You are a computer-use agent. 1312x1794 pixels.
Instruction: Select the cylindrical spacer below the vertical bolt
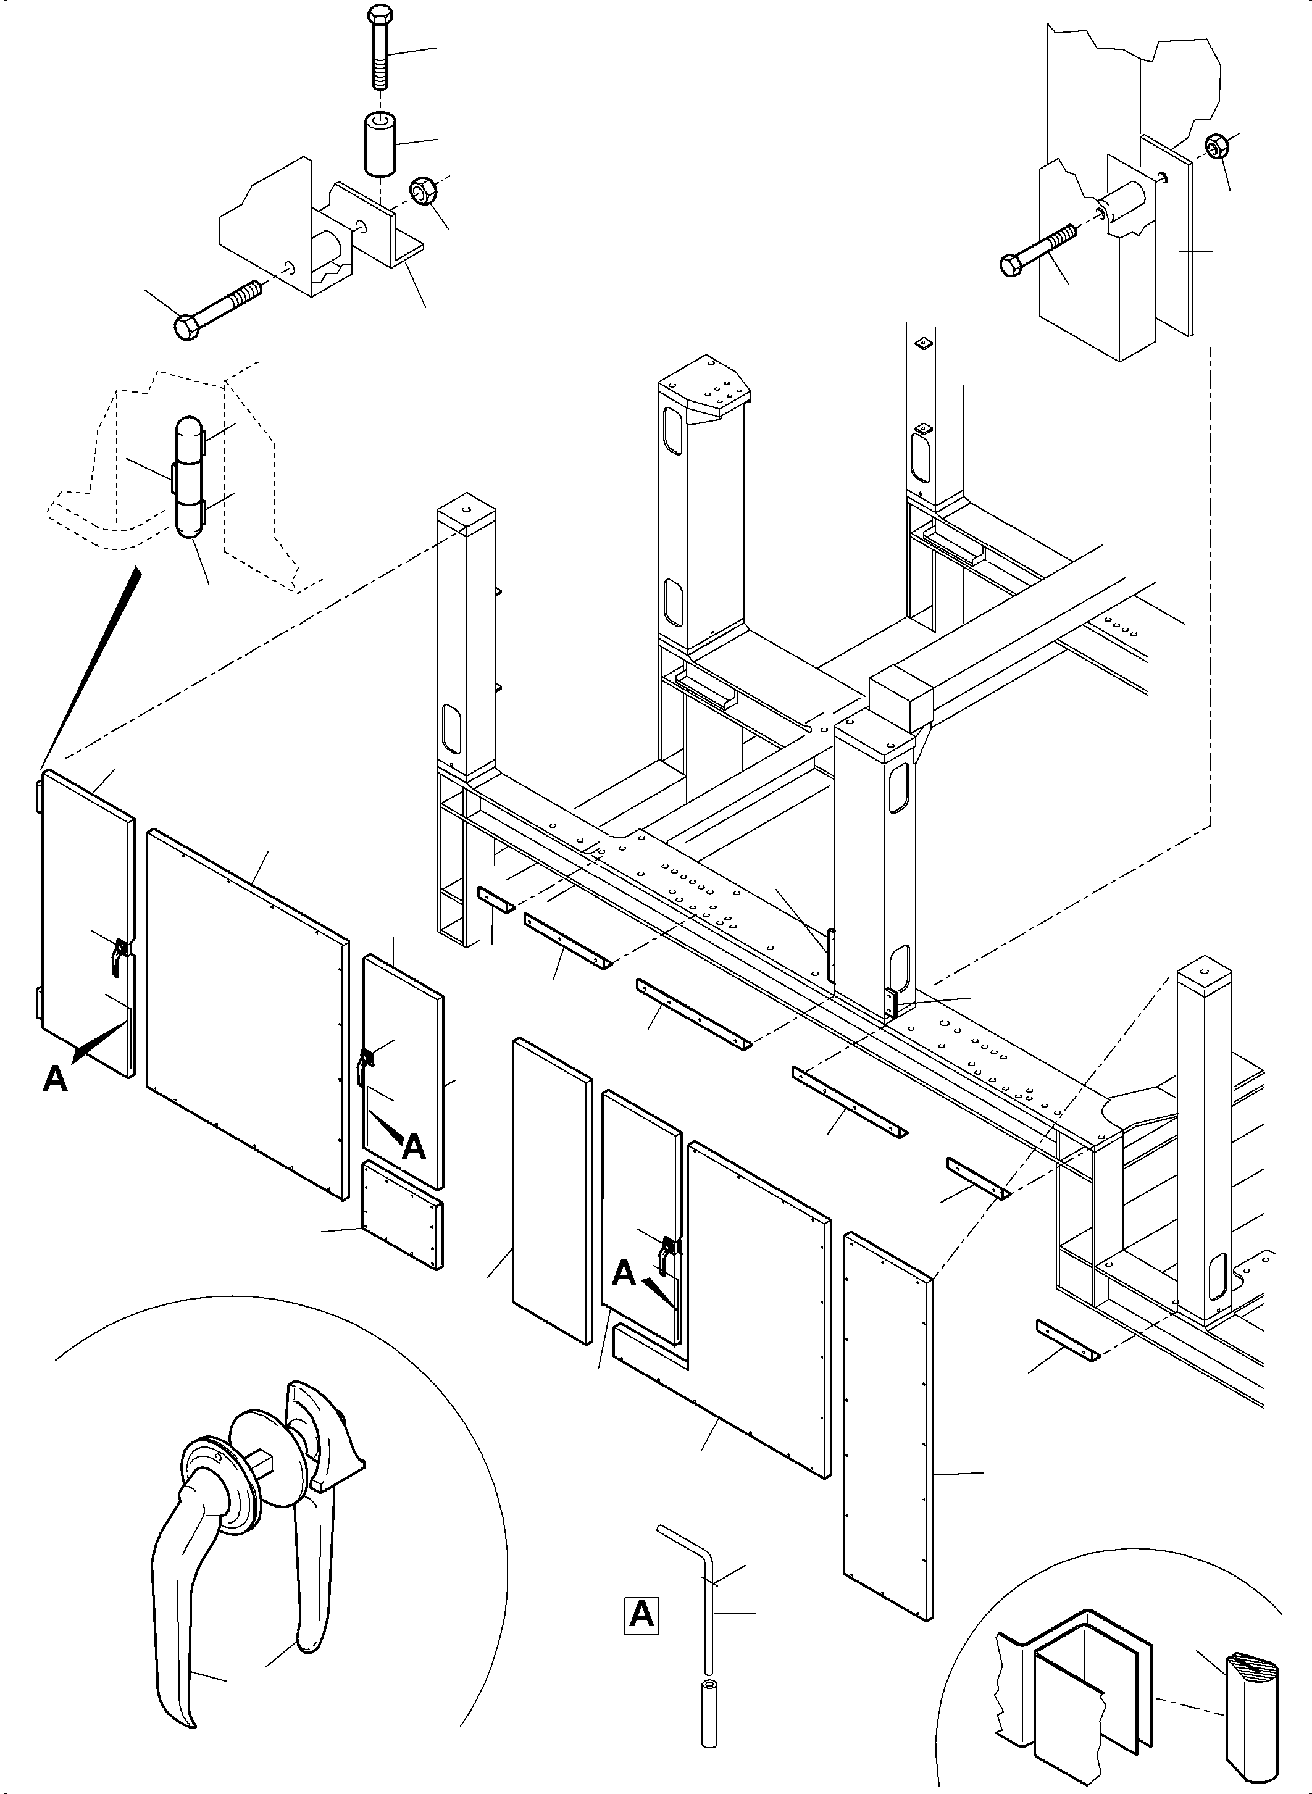tap(380, 143)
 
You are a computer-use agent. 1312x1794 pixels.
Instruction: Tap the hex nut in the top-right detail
tap(1214, 147)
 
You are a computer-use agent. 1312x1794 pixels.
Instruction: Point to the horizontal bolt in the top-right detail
tap(1040, 247)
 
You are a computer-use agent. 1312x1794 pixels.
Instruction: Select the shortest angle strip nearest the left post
tap(496, 900)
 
